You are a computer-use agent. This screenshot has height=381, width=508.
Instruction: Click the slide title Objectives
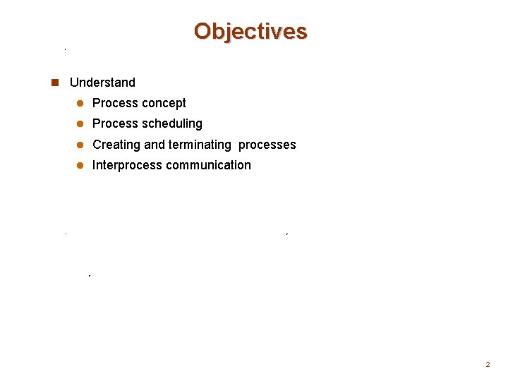[250, 32]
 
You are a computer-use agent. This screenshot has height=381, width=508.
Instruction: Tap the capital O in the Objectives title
[202, 32]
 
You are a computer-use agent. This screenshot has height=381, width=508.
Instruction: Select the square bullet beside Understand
[55, 83]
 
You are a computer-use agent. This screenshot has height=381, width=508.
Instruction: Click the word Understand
[102, 83]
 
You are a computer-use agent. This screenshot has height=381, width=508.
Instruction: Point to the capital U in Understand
[74, 83]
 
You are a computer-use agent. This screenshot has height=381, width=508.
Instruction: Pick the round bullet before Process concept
[80, 103]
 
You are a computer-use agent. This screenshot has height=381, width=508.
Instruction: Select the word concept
[163, 104]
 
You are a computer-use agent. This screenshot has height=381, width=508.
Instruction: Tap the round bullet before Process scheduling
[80, 123]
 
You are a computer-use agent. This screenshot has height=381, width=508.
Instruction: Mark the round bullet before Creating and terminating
[80, 145]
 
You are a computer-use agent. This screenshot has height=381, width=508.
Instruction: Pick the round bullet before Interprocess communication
[80, 165]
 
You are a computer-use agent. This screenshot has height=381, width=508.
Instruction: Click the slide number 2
[487, 365]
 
